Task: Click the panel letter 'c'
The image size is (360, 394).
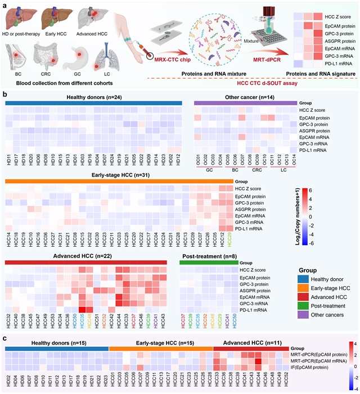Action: (x=5, y=339)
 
